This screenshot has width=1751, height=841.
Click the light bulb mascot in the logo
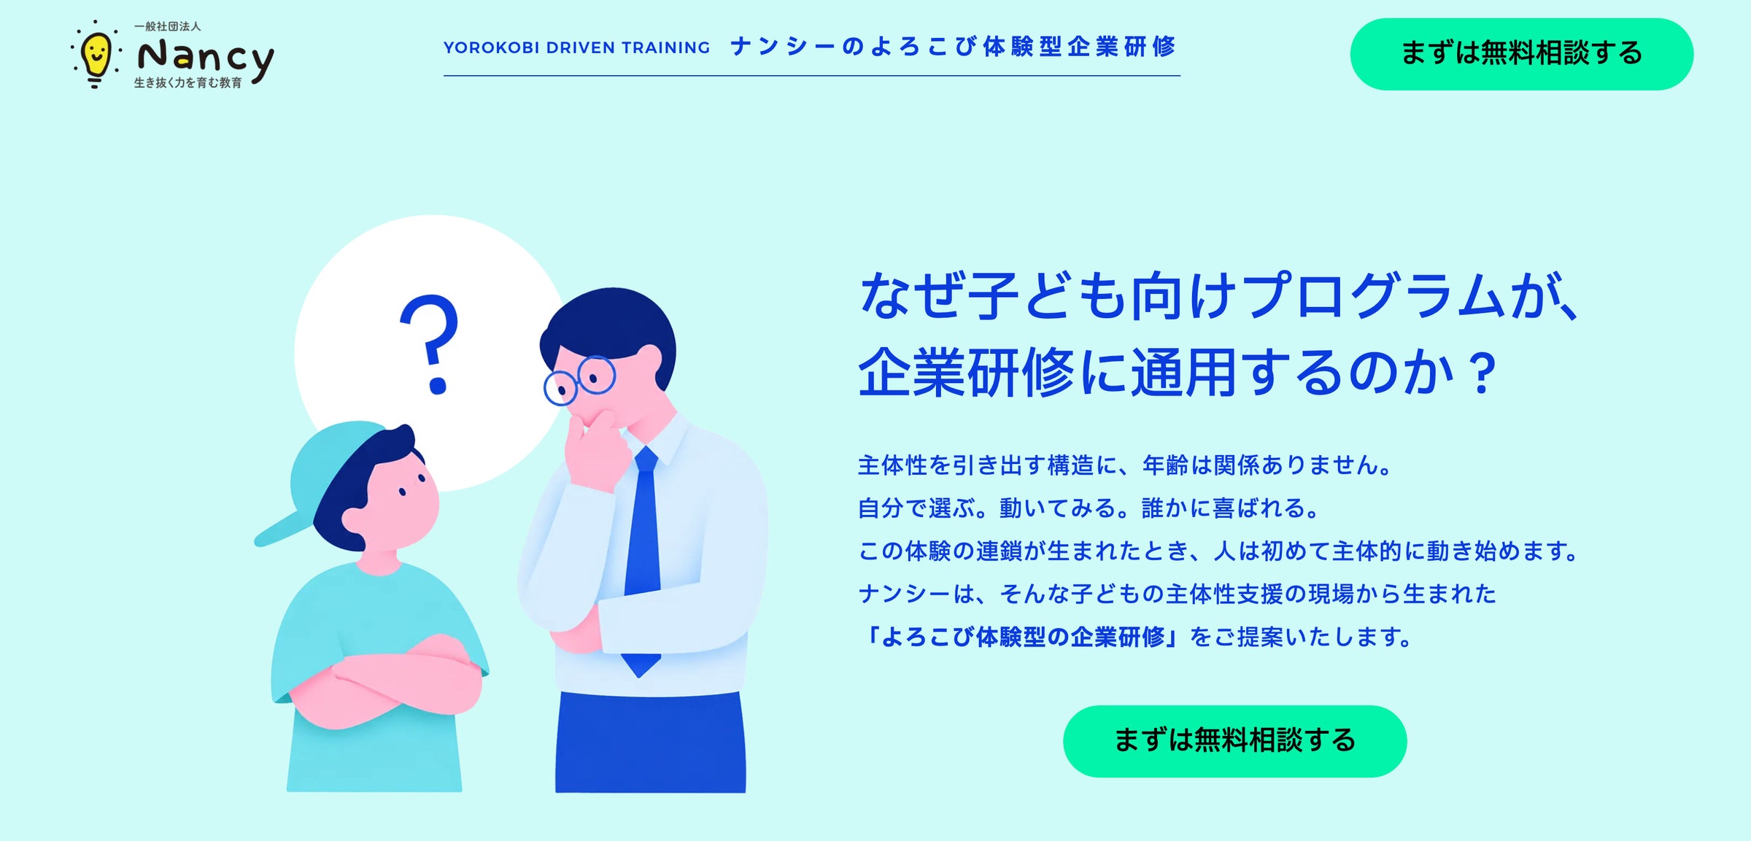pos(95,55)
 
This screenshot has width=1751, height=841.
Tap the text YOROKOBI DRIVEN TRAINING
pos(576,47)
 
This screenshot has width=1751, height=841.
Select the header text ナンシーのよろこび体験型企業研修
pos(953,47)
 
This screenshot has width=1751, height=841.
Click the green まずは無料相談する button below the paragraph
pos(1234,740)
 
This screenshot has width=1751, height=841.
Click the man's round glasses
pos(579,379)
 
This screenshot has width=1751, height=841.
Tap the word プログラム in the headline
pos(1375,295)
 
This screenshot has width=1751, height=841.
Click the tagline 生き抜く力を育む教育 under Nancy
pos(188,83)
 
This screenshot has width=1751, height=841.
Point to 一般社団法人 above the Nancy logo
pos(167,26)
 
